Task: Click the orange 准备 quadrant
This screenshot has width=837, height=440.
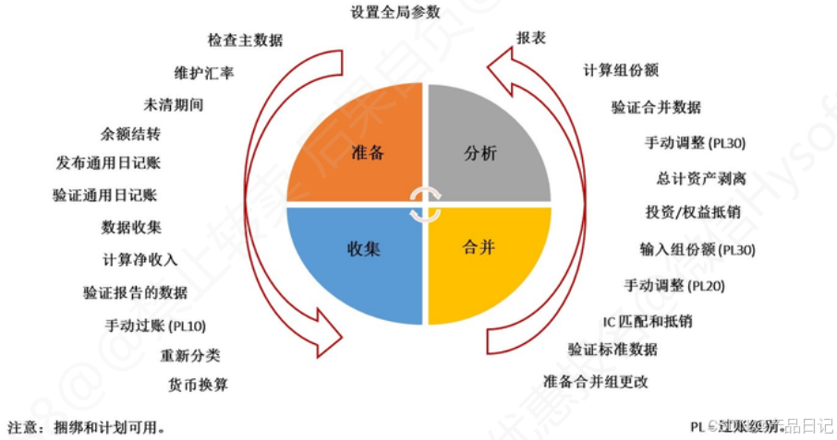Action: tap(365, 152)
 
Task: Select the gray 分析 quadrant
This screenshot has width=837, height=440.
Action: tap(480, 152)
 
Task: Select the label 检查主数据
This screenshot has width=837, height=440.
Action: tap(245, 41)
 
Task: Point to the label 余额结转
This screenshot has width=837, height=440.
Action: tap(130, 134)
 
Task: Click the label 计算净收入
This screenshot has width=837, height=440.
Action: tap(139, 260)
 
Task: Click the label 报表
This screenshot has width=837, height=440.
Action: tap(530, 38)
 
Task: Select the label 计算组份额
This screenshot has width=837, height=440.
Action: tap(620, 70)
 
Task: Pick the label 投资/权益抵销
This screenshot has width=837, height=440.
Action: tap(693, 211)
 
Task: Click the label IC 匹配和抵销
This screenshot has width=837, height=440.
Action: tap(646, 321)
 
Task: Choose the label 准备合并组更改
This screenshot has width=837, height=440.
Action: tap(595, 381)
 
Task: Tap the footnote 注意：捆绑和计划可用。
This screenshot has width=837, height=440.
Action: tap(87, 427)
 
